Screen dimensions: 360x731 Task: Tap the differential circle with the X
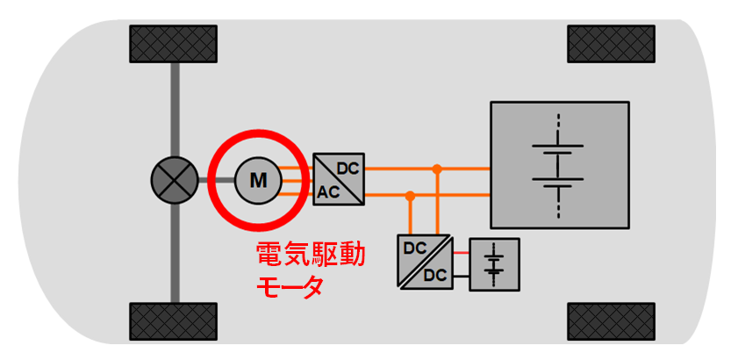(173, 181)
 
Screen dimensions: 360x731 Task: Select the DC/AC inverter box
(339, 179)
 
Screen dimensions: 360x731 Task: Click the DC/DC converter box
(425, 262)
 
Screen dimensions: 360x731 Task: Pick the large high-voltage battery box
(559, 165)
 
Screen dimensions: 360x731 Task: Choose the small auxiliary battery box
(495, 263)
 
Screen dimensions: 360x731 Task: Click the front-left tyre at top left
(174, 45)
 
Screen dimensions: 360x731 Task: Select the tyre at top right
(611, 45)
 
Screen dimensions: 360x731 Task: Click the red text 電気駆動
(310, 256)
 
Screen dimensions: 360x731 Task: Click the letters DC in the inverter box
(348, 167)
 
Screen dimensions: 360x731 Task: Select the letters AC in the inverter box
(328, 192)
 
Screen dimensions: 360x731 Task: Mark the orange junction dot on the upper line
(436, 167)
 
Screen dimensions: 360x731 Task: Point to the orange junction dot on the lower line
(409, 195)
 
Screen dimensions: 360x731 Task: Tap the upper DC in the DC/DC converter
(413, 248)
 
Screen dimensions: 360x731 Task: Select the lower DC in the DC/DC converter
(435, 275)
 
